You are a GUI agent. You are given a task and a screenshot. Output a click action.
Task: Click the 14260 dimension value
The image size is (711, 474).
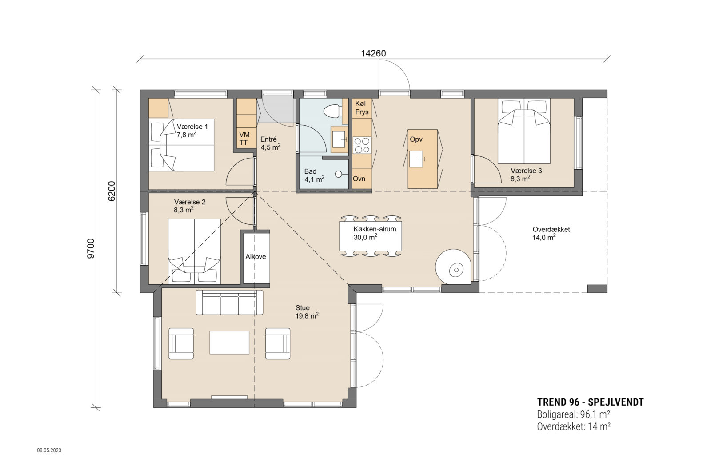[x=373, y=53]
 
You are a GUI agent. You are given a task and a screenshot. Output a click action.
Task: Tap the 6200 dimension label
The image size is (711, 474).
[x=112, y=191]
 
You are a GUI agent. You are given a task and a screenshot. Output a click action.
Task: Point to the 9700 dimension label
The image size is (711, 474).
[x=91, y=248]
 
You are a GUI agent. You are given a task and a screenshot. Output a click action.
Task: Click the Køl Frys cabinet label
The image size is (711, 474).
[x=362, y=108]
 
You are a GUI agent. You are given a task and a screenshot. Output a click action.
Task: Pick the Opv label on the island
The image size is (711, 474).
[x=416, y=139]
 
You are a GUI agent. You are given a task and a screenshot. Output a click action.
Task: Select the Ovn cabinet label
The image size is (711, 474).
[x=359, y=179]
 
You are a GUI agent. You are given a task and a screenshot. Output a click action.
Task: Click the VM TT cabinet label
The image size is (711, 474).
[x=244, y=138]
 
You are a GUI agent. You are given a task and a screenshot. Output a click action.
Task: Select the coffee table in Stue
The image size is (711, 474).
[x=229, y=342]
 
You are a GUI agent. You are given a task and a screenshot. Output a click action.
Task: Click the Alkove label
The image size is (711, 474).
[x=256, y=256]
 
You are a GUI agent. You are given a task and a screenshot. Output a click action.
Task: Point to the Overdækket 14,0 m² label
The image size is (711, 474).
[x=551, y=233]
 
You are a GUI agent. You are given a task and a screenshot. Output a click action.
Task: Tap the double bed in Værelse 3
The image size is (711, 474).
[x=524, y=131]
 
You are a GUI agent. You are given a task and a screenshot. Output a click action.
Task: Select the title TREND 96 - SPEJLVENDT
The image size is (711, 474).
[x=590, y=402]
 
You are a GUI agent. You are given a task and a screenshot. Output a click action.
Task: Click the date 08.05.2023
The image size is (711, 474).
[x=49, y=450]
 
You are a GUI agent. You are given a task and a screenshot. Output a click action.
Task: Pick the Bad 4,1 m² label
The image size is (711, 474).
[x=314, y=175]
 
